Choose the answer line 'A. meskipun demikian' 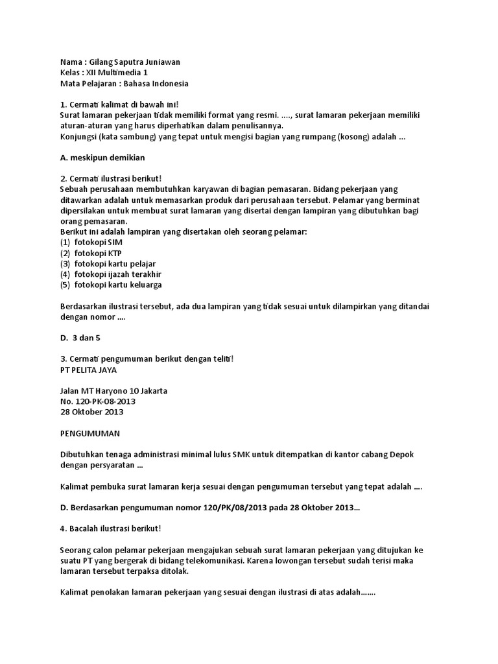tap(102, 158)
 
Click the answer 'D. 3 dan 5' tap(80, 338)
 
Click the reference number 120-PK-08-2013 tap(98, 401)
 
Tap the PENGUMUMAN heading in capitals tap(89, 433)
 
